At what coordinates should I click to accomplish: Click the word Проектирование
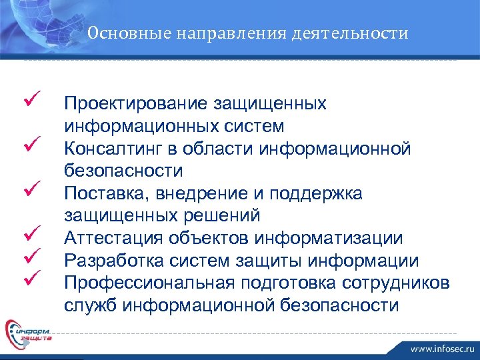[x=134, y=103]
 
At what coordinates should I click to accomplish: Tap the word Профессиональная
[x=145, y=283]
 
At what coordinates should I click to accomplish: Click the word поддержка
[x=323, y=193]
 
